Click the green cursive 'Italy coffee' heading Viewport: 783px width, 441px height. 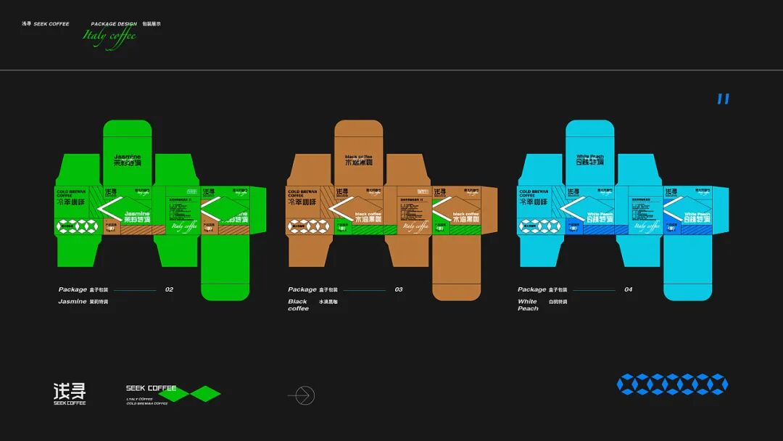click(x=109, y=37)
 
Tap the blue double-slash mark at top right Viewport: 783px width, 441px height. click(x=723, y=99)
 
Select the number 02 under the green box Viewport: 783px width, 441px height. click(x=169, y=289)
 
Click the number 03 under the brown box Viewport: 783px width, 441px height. click(x=399, y=289)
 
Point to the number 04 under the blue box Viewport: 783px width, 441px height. click(x=628, y=289)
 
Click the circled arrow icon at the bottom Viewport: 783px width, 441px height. click(x=302, y=395)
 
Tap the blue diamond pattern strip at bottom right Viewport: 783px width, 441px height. click(x=672, y=384)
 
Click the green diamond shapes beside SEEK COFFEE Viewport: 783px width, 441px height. click(x=196, y=394)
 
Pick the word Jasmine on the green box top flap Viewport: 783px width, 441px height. click(x=128, y=156)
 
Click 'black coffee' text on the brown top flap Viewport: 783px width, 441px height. click(x=359, y=156)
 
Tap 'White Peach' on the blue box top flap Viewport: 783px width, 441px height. click(x=589, y=156)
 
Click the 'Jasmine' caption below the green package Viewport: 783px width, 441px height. click(x=72, y=301)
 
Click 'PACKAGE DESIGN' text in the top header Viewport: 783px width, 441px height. click(x=114, y=24)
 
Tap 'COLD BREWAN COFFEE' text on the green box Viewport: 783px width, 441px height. click(x=70, y=194)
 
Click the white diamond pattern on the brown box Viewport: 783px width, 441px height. click(x=308, y=226)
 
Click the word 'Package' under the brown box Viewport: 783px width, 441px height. click(x=302, y=289)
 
